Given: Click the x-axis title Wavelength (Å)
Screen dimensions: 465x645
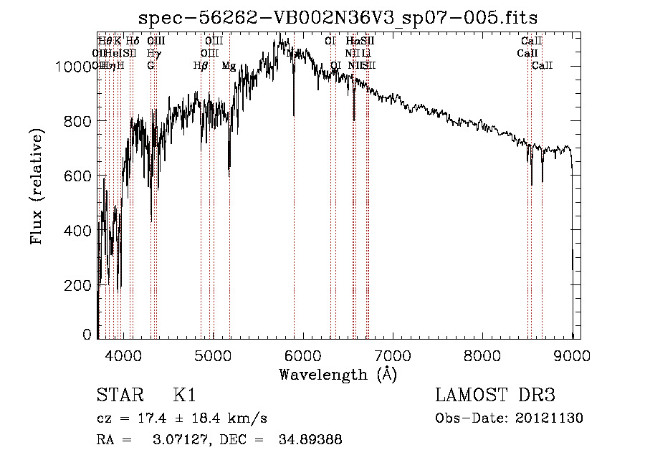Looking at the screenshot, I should pyautogui.click(x=338, y=374).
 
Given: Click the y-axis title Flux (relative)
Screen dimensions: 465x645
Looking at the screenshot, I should pyautogui.click(x=37, y=186).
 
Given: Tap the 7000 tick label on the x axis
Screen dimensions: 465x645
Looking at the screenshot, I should pyautogui.click(x=392, y=355).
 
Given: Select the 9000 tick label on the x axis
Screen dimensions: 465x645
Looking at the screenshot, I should pyautogui.click(x=572, y=355).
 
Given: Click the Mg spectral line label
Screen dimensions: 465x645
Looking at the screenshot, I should pyautogui.click(x=229, y=66).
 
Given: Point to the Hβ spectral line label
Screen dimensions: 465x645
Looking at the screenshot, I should pyautogui.click(x=201, y=66).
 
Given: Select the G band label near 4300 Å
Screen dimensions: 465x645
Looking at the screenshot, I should pyautogui.click(x=150, y=66).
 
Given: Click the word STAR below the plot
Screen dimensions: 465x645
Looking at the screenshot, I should pyautogui.click(x=119, y=396).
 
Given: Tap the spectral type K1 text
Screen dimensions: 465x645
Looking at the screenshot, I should pyautogui.click(x=184, y=396).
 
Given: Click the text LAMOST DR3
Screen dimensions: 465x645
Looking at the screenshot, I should pyautogui.click(x=494, y=396).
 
